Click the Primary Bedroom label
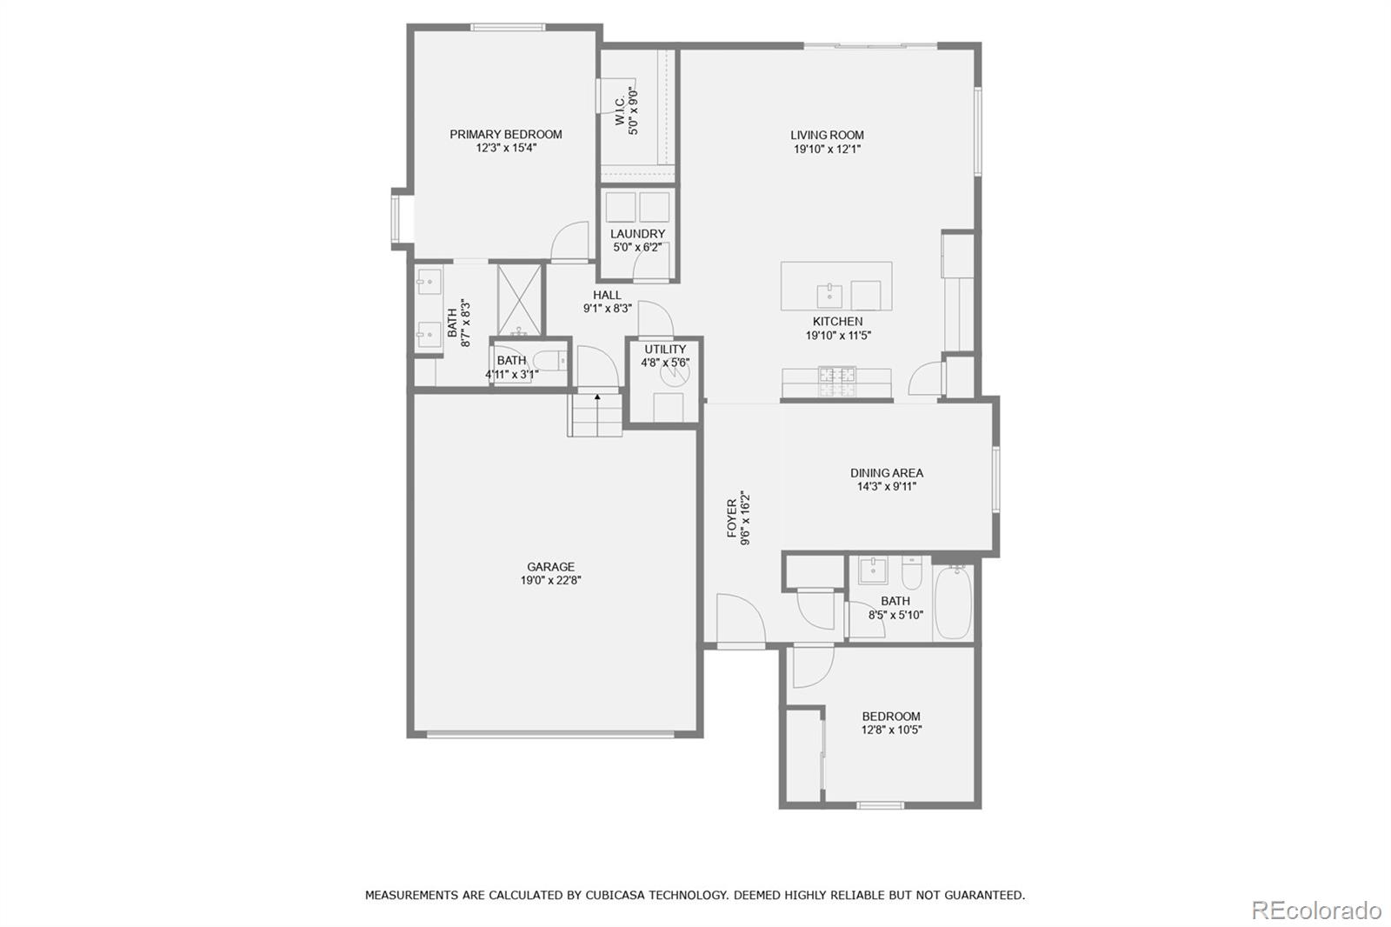pos(505,134)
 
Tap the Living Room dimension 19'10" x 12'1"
pos(827,149)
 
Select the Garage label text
pos(551,567)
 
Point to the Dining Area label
pos(887,473)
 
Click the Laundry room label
pos(638,234)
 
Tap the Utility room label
pos(665,350)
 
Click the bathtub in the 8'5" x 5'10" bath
pos(953,602)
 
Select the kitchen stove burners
pos(837,382)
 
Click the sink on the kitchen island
pos(829,296)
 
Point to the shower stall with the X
pos(521,300)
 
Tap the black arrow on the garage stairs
pos(597,397)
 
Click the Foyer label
pos(732,518)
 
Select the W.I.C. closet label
pos(621,110)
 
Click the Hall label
pos(607,295)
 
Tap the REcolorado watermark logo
pos(1316,910)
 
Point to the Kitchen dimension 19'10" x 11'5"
pos(838,336)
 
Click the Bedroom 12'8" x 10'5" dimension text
pos(891,730)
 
